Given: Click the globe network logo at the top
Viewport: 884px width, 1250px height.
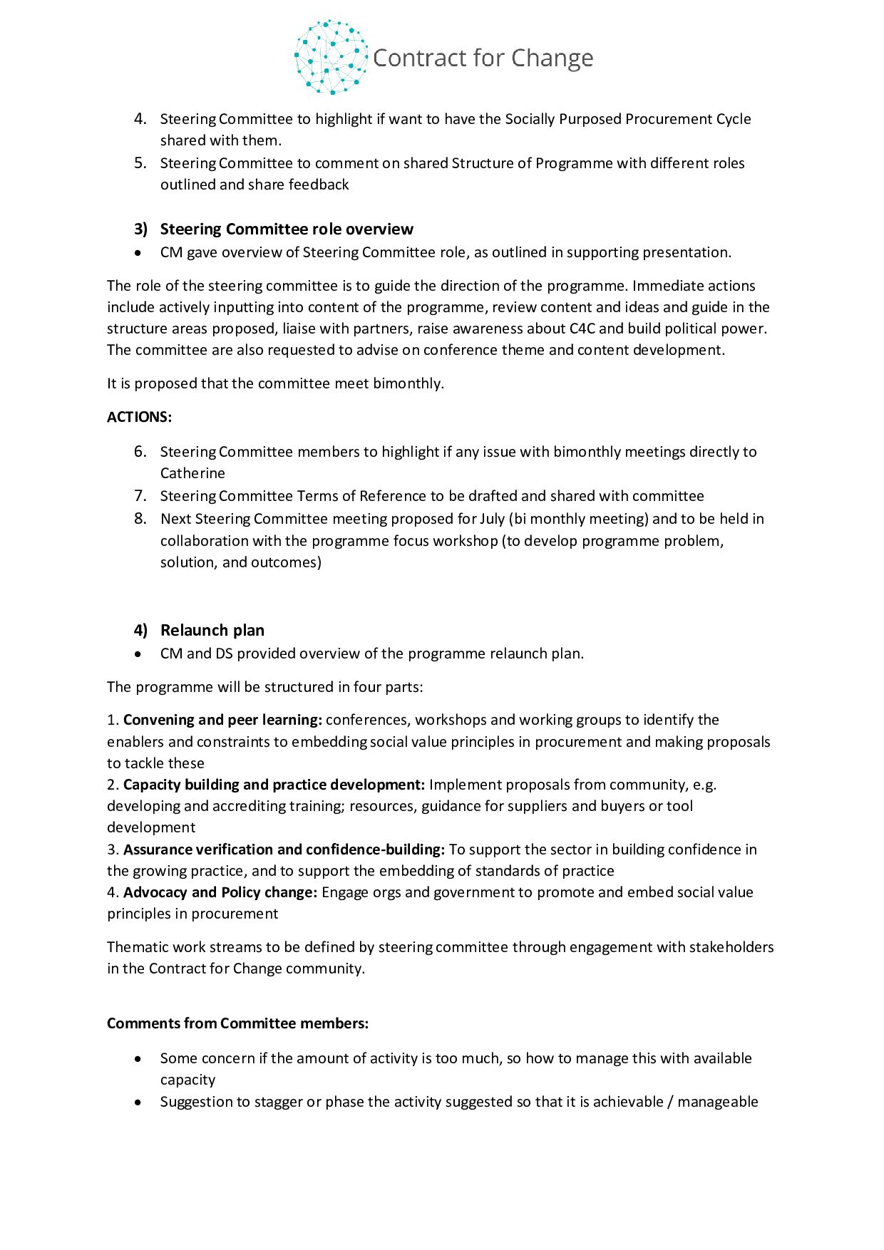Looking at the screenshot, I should tap(331, 58).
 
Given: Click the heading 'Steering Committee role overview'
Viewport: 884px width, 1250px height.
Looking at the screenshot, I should tap(287, 229).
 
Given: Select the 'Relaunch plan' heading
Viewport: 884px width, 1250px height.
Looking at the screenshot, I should tap(212, 631).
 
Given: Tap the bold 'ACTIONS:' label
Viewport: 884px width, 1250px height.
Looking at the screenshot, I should tap(140, 418).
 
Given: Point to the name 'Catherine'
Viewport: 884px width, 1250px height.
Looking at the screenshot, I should tap(192, 473).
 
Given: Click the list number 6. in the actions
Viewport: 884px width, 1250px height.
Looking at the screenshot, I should tap(140, 452).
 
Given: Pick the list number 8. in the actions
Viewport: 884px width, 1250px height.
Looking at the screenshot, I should tap(140, 519).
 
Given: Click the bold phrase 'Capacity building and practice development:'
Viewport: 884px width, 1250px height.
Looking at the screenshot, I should tap(274, 785).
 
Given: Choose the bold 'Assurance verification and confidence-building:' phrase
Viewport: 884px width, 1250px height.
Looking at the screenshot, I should tap(284, 849).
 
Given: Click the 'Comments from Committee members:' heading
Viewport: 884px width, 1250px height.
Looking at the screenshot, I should tap(238, 1023).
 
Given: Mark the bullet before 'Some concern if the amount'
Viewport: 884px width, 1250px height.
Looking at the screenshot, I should tap(138, 1059).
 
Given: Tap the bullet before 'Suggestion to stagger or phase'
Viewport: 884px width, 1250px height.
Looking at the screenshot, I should tap(138, 1102).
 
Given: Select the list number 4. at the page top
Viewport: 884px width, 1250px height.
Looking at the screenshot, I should tap(140, 119).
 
